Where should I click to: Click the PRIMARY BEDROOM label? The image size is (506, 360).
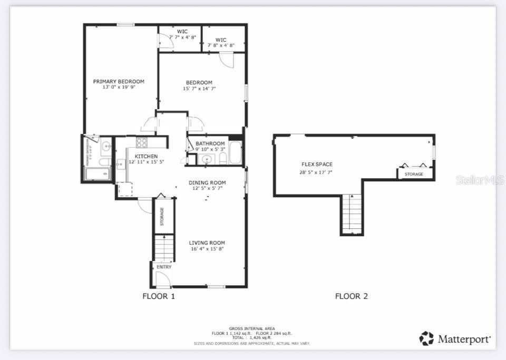coord(119,81)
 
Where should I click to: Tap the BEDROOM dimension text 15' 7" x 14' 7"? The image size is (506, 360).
coord(199,89)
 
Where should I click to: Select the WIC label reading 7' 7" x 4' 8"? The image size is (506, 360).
coord(182,37)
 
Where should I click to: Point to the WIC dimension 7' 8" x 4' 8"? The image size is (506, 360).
coord(221,45)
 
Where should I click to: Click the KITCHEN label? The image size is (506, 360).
coord(146,157)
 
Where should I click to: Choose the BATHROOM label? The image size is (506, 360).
coord(210,143)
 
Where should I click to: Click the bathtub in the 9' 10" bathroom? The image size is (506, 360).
coord(235,153)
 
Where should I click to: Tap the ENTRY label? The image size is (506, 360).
coord(164,267)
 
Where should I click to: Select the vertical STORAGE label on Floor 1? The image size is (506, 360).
coord(162,216)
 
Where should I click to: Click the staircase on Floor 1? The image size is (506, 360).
coord(164,248)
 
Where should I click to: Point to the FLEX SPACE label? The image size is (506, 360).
coord(317,164)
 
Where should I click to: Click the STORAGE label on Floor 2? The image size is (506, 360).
coord(414,174)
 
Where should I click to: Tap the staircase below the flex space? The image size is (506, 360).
coord(352,213)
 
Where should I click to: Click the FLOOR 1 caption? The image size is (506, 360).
coord(159,296)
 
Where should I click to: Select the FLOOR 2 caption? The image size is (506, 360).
coord(352,296)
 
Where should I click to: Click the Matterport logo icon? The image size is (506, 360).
coord(426,338)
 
